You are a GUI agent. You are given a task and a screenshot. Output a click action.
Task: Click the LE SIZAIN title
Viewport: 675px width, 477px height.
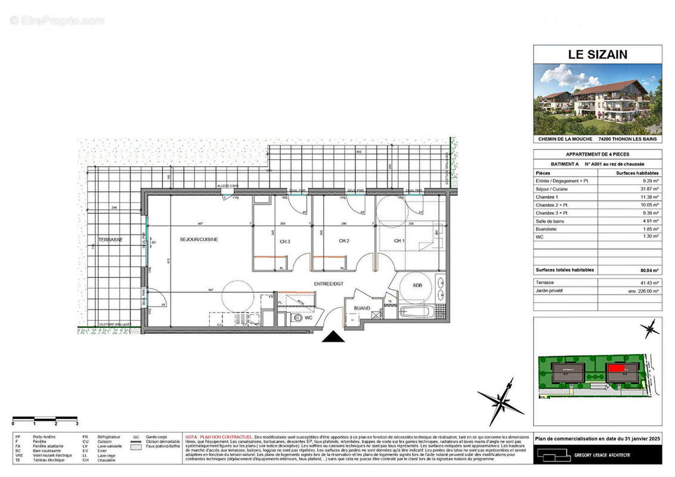point(597,55)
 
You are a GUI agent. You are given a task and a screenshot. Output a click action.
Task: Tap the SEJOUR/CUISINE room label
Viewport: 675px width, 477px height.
point(199,240)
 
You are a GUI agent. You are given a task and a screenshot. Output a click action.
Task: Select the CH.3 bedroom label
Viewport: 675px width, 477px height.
point(284,241)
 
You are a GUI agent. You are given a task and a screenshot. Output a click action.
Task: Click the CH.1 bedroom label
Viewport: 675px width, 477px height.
point(399,241)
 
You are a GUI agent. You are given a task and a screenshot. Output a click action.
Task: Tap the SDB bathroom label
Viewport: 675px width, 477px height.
point(417,286)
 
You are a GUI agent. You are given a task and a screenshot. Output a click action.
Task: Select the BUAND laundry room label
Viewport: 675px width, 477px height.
point(363,308)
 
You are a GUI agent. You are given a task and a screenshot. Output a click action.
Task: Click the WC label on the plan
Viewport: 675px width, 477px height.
point(309,318)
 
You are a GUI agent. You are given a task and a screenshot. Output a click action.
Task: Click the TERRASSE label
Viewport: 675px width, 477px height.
point(111,240)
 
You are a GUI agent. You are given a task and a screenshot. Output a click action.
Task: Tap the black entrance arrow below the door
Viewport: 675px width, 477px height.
point(333,337)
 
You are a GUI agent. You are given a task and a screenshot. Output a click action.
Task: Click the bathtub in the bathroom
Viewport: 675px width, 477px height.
point(420,311)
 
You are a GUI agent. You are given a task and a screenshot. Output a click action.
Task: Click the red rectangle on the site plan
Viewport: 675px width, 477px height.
point(616,368)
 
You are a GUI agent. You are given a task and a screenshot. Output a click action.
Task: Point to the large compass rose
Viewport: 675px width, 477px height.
point(502,400)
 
